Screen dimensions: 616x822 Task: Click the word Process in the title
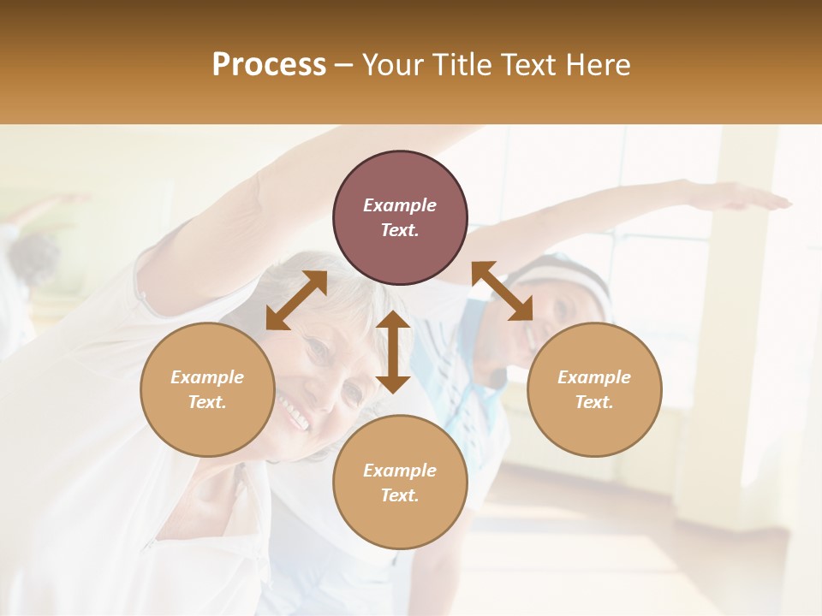click(x=269, y=65)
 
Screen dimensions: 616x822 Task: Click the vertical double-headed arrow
click(x=393, y=352)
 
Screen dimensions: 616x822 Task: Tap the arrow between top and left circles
click(x=296, y=300)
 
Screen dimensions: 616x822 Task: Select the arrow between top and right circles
click(x=502, y=291)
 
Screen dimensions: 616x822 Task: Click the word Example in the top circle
click(x=400, y=205)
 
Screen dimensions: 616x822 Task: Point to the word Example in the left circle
click(x=207, y=377)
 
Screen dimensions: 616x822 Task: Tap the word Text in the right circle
click(x=594, y=402)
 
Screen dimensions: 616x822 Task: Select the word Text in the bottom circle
click(x=400, y=495)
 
